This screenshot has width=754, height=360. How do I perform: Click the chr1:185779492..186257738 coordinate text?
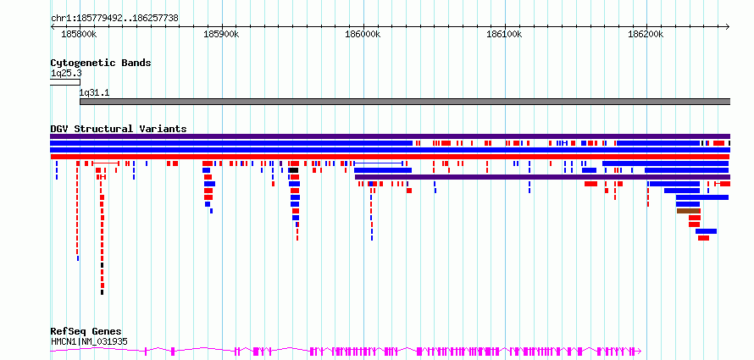(114, 18)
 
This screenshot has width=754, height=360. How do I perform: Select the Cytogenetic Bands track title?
(101, 63)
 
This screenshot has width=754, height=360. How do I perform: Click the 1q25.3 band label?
(66, 73)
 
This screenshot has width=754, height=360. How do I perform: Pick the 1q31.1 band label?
(95, 93)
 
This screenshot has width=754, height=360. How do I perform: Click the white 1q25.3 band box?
(65, 82)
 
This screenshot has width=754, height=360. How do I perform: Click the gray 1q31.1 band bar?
(405, 102)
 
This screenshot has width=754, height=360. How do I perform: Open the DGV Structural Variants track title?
(119, 129)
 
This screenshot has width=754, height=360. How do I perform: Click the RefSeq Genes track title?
(86, 332)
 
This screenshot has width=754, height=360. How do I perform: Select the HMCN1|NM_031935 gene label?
(89, 341)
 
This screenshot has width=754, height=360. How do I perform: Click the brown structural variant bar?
(689, 211)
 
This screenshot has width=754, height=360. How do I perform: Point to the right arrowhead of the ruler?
(728, 26)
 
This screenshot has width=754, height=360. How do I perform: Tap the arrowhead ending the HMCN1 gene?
(640, 351)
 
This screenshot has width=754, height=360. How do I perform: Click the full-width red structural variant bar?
(390, 157)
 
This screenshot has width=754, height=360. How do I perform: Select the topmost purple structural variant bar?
(391, 136)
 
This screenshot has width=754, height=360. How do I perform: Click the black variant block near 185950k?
(293, 170)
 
